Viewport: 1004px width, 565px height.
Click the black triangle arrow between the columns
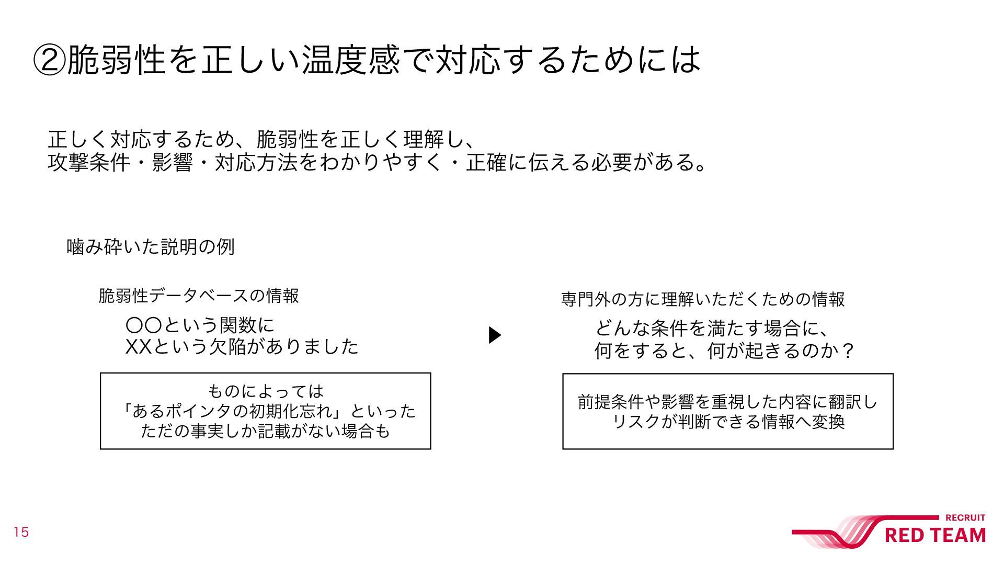point(494,335)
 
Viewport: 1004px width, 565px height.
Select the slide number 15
point(21,533)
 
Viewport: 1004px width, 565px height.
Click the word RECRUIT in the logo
point(965,518)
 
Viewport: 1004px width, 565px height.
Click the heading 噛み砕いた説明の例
point(151,247)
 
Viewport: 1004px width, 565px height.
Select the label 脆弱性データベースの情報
point(199,296)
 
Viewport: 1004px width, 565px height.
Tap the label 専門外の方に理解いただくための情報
point(703,300)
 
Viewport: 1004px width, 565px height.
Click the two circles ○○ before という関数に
point(144,325)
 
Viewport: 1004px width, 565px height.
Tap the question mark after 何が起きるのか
point(849,351)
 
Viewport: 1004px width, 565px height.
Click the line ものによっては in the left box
point(266,391)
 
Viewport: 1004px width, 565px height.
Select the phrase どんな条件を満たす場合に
point(706,329)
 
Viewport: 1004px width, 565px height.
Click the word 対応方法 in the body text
point(256,163)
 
